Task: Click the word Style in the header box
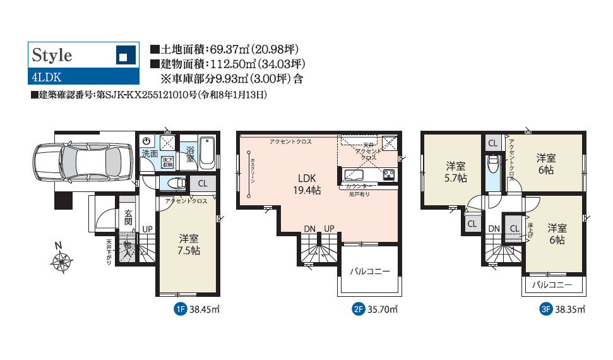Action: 52,55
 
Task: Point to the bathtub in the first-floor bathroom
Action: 208,152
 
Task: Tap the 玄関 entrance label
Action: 128,218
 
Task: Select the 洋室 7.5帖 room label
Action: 189,244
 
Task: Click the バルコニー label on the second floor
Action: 370,272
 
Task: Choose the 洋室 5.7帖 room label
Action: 456,172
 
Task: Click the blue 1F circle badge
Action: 180,309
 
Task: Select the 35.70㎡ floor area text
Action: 383,309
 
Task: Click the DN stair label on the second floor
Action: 309,228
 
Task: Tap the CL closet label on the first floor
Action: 202,184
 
